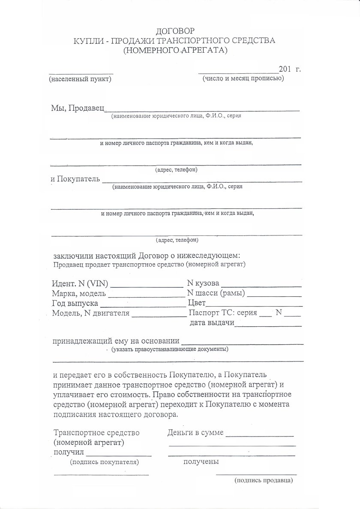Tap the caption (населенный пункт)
(x=80, y=79)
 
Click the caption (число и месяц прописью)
(x=243, y=78)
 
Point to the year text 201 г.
(x=290, y=69)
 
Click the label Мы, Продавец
(x=78, y=107)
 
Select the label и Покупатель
(x=75, y=178)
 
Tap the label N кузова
(x=204, y=283)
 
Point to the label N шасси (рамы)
(x=216, y=293)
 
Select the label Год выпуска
(x=75, y=304)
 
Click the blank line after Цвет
(x=255, y=305)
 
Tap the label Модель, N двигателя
(x=90, y=313)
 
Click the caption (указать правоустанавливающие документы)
(x=170, y=349)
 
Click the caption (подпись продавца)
(x=264, y=481)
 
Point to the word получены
(x=201, y=461)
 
